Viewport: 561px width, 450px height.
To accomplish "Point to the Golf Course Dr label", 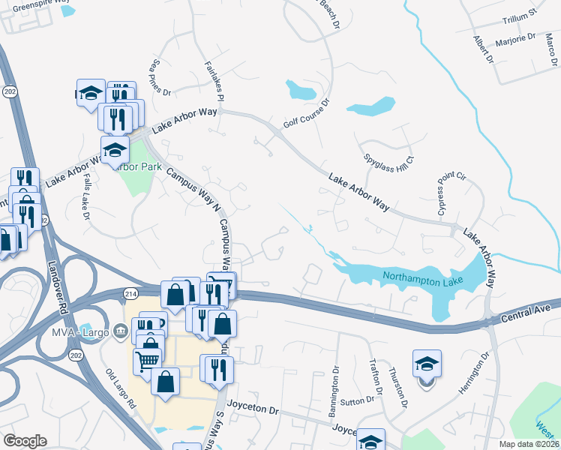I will (x=307, y=113).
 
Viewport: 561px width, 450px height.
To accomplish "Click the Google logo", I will (x=25, y=440).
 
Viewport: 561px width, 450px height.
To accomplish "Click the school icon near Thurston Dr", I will (x=427, y=364).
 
